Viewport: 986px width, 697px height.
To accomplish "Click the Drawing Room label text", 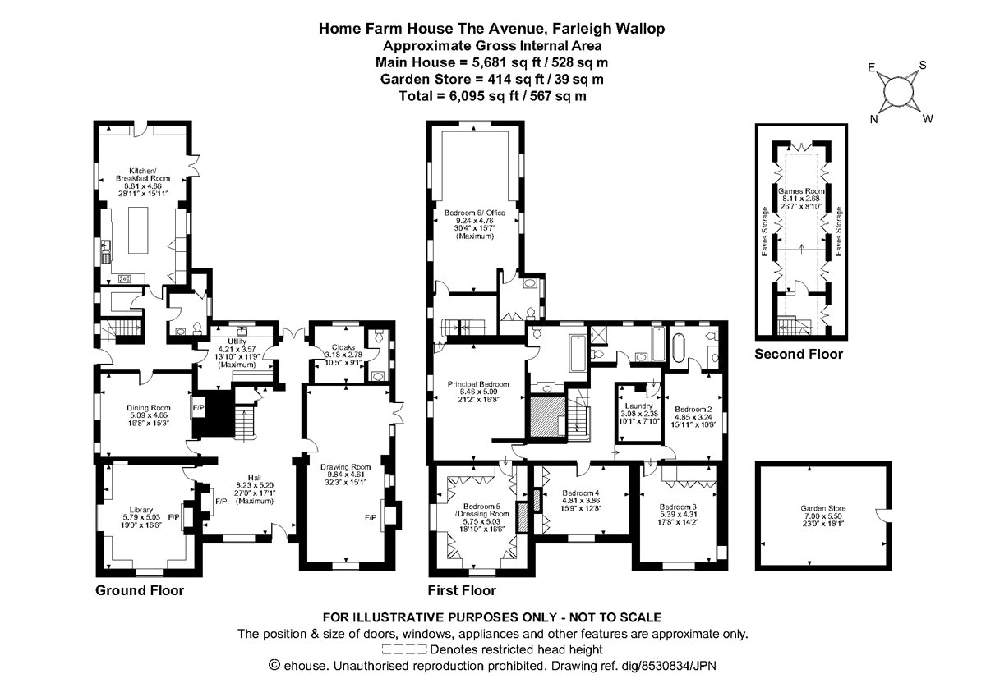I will [345, 467].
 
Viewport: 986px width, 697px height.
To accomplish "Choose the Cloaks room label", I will [343, 346].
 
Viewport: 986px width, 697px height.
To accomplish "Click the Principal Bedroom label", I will [478, 383].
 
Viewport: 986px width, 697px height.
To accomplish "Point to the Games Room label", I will [799, 190].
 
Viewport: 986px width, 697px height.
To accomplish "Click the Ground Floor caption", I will [140, 590].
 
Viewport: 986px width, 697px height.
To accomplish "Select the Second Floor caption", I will [799, 355].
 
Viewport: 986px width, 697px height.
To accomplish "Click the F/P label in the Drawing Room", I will [371, 518].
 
